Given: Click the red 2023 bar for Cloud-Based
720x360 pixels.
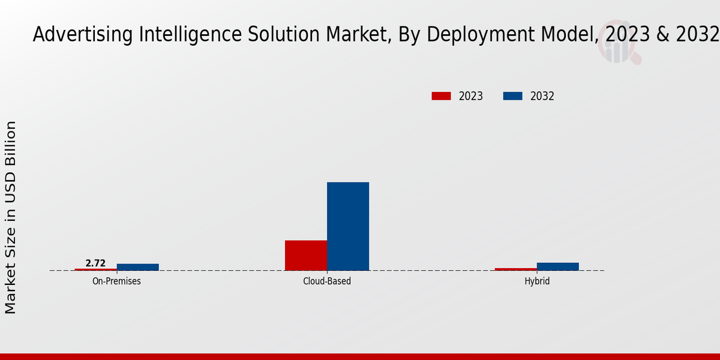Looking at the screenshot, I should point(306,255).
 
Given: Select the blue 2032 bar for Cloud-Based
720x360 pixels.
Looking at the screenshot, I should point(348,226).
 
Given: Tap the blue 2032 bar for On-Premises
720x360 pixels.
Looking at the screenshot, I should point(138,267).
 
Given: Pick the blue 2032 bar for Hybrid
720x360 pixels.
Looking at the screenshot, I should point(558,266).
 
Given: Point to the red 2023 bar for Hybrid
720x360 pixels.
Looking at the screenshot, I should point(516,269).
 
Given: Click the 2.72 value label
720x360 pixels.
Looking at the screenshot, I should point(95,263).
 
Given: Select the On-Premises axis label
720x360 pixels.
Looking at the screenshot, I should point(116,281).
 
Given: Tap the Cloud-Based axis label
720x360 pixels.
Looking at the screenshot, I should point(327,281).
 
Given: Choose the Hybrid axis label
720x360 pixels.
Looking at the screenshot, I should point(537,281).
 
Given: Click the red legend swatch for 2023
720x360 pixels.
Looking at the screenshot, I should point(441,96).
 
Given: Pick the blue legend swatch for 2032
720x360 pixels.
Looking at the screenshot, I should point(512,96).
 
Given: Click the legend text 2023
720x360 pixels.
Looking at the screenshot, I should point(471,96).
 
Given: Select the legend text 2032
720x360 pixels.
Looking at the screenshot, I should point(542,96).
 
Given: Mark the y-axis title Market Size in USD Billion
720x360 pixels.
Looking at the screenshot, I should point(11,217).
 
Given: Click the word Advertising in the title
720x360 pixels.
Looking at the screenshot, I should point(82,35).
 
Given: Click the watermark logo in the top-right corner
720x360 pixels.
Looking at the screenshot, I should point(618,47).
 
